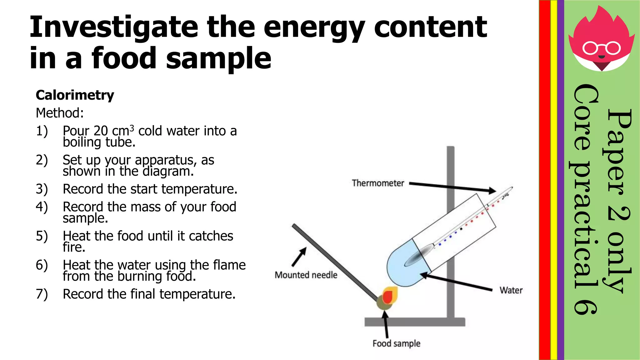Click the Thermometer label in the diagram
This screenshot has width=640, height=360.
378,183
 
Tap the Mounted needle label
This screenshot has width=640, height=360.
306,275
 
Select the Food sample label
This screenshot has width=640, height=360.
396,343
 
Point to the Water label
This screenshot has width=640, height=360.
511,290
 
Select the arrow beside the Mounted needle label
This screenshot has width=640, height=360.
299,257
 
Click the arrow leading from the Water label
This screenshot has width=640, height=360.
456,282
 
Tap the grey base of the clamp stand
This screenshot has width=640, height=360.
415,322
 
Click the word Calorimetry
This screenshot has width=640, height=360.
75,95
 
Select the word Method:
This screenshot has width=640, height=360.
60,113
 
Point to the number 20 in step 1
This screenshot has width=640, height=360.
101,131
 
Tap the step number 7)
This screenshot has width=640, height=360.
42,294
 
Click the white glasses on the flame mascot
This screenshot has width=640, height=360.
602,48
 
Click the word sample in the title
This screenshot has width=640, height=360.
218,58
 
